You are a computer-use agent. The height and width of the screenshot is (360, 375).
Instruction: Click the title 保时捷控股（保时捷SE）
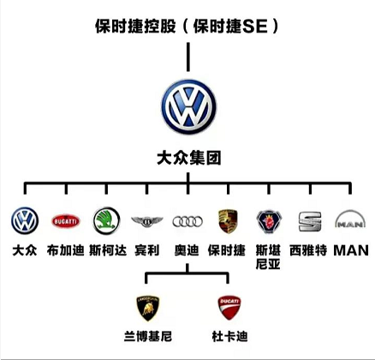click(x=187, y=27)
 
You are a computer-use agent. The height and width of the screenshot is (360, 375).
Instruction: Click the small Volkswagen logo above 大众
click(x=25, y=222)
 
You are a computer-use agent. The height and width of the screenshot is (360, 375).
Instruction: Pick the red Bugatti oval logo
click(x=65, y=222)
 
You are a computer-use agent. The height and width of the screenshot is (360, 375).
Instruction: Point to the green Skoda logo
click(x=106, y=222)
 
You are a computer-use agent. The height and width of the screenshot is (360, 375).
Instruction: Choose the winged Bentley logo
click(x=146, y=222)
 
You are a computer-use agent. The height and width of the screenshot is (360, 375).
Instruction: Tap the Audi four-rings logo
click(x=187, y=222)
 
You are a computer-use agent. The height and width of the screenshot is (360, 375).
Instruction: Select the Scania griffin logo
click(x=267, y=222)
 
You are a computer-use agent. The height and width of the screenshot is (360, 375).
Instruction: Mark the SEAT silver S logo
click(x=308, y=222)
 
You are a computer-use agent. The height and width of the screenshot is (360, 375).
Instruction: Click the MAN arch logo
click(x=348, y=222)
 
